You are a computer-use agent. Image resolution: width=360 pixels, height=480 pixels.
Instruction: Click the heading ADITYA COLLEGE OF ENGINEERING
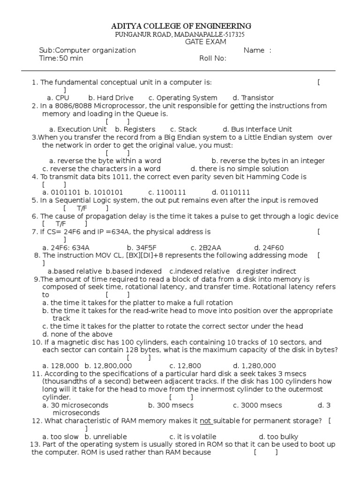tap(180, 26)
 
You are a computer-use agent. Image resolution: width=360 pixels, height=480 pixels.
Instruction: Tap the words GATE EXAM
tap(206, 42)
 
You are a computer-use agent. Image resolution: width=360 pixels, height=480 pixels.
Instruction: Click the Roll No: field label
tap(213, 58)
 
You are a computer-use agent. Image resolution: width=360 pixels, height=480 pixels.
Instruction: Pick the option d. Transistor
tap(253, 97)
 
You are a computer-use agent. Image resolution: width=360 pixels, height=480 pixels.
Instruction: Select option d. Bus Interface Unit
tap(257, 129)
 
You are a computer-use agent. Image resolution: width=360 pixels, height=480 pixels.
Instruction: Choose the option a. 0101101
tap(61, 192)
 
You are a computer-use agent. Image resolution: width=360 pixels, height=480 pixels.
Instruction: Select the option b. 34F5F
tap(142, 247)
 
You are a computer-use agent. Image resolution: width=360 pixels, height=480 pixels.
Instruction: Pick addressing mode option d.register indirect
tap(266, 271)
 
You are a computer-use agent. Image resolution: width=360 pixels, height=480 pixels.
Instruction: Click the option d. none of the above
tap(77, 334)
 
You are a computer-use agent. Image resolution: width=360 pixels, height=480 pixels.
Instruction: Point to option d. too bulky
tap(278, 436)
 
